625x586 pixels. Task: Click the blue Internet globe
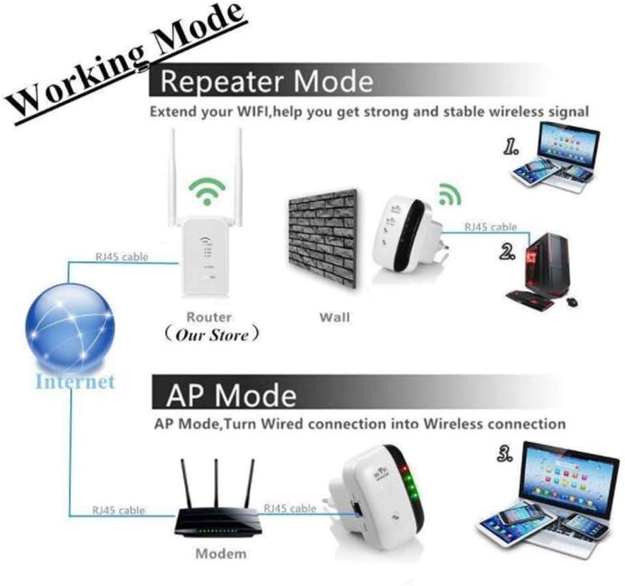(70, 328)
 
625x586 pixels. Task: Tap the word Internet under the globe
(75, 381)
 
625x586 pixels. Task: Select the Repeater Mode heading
(267, 81)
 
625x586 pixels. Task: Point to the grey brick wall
(322, 238)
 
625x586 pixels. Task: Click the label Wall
(335, 317)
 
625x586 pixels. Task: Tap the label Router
(209, 317)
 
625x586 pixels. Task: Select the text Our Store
(212, 335)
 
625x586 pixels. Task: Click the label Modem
(221, 554)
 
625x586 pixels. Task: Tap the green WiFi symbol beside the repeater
(449, 194)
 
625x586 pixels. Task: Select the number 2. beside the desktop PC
(507, 252)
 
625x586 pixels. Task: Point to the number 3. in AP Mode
(504, 453)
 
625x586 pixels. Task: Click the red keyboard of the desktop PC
(530, 300)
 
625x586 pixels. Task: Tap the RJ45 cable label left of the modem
(118, 510)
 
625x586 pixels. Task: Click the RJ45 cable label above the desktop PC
(491, 227)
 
